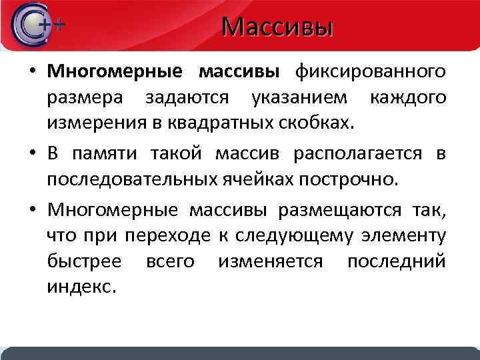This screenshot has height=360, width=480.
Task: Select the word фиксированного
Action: (x=371, y=71)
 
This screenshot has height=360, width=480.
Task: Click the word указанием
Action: (x=299, y=97)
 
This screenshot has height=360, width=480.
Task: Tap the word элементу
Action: (x=404, y=236)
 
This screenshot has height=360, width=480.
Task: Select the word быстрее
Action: (x=84, y=261)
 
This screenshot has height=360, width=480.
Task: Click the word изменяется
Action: (x=270, y=261)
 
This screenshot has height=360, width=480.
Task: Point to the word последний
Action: (x=396, y=261)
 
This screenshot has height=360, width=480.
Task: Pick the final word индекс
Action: (x=82, y=287)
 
